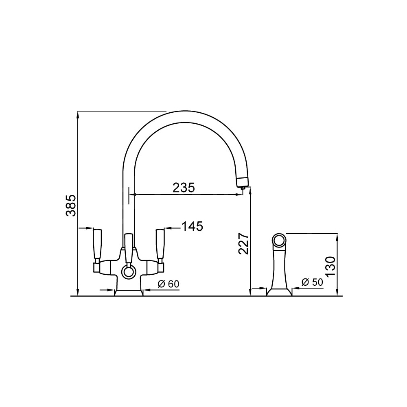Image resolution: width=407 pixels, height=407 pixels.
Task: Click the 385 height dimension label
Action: pos(70,205)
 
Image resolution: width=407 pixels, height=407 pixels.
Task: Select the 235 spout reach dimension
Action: pos(184,188)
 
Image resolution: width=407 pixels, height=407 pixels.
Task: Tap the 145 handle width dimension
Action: pos(192,226)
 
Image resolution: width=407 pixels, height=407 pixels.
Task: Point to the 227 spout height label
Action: pos(244,243)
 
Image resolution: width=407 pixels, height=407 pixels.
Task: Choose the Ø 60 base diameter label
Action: pos(168,284)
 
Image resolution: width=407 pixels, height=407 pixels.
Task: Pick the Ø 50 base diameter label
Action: pos(312,282)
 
